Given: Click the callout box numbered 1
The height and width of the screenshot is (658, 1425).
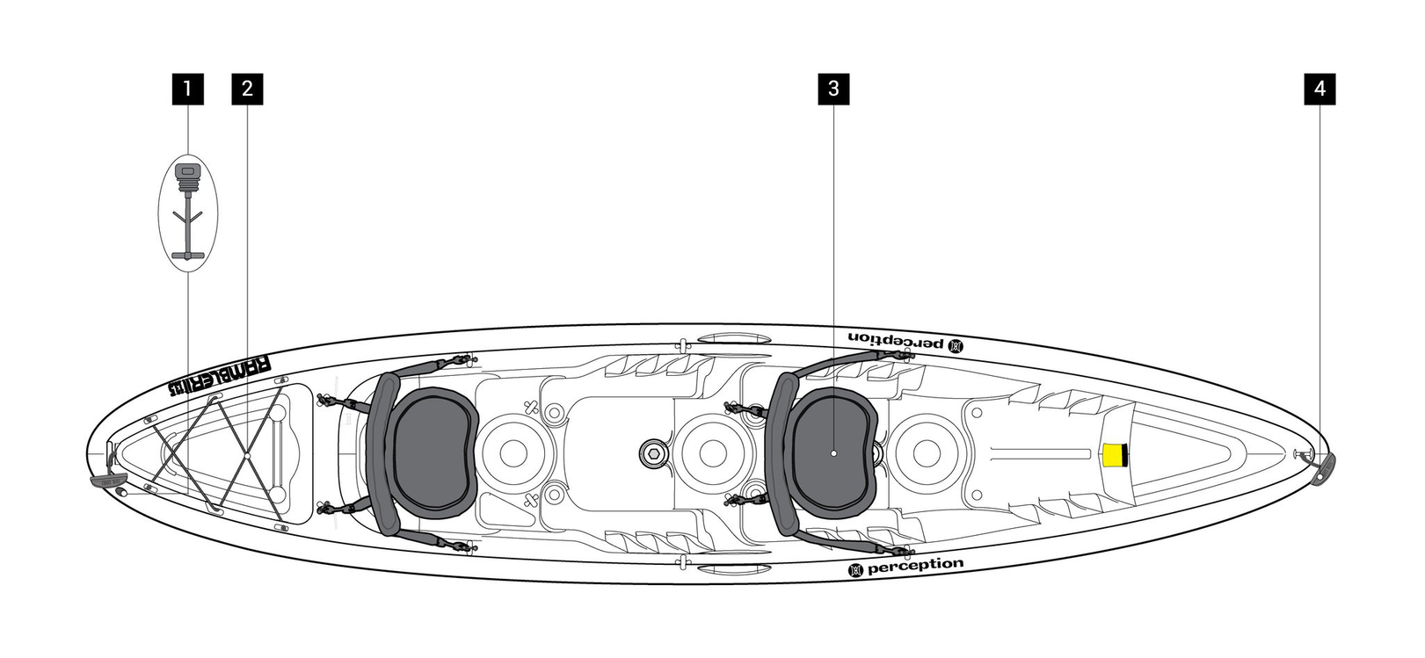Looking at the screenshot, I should click(187, 89).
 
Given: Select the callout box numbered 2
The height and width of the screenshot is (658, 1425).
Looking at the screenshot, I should click(247, 89).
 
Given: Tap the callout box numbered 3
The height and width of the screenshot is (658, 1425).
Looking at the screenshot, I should click(833, 89).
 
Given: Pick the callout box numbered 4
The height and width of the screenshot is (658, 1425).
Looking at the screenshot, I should click(1320, 89).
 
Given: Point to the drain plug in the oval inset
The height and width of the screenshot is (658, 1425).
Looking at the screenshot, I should click(187, 177).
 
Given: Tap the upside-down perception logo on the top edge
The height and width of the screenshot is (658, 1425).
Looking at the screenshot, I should click(905, 339).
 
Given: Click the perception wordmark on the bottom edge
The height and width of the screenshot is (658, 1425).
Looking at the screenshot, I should click(905, 568).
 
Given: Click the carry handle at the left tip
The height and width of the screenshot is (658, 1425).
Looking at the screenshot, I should click(107, 481).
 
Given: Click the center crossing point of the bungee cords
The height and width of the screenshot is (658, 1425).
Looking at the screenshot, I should click(248, 457).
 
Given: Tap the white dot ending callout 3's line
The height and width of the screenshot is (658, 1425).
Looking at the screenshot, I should click(833, 454).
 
